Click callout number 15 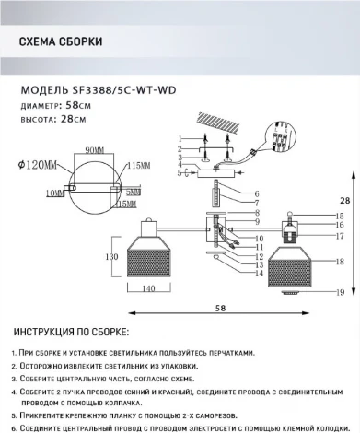(340, 216)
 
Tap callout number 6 (257, 193)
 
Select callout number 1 (180, 136)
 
